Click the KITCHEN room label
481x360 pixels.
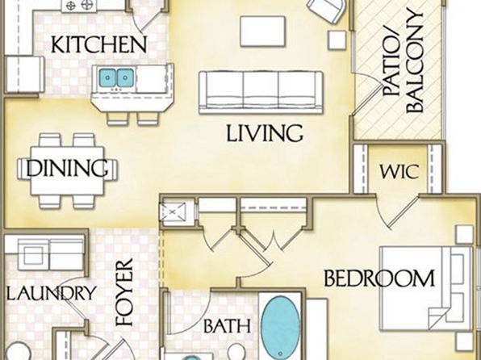98,45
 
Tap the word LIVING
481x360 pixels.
265,133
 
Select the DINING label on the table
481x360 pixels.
67,168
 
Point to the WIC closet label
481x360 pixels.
399,171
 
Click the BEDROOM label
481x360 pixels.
379,278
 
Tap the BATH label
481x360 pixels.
227,326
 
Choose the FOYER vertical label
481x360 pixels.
124,292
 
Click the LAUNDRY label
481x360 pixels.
51,293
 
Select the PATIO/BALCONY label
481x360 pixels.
404,61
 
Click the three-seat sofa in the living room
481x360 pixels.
261,92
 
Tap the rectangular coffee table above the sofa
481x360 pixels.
263,31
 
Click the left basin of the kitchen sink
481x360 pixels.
107,77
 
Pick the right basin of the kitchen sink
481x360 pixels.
125,77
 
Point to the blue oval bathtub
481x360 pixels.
280,328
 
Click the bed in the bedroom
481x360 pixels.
426,288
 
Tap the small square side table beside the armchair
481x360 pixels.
337,40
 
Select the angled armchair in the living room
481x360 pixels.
327,9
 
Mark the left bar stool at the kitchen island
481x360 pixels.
118,119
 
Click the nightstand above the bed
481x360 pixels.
464,235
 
